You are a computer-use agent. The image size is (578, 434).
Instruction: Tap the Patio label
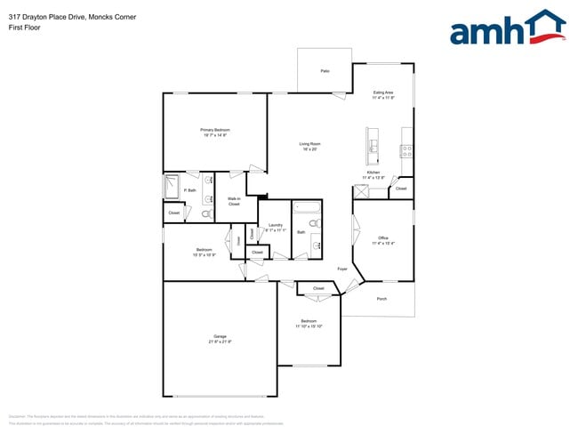pyautogui.click(x=325, y=70)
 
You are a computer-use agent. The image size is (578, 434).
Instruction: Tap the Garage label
pyautogui.click(x=220, y=336)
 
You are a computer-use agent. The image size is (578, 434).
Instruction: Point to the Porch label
pyautogui.click(x=381, y=299)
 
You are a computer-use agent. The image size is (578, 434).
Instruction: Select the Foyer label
pyautogui.click(x=341, y=268)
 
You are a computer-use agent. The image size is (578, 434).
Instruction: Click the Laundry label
pyautogui.click(x=275, y=225)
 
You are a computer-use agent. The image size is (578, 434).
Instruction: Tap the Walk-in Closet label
pyautogui.click(x=234, y=201)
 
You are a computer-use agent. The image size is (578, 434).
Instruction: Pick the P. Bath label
pyautogui.click(x=189, y=190)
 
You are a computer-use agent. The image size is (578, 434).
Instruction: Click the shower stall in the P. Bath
pyautogui.click(x=171, y=187)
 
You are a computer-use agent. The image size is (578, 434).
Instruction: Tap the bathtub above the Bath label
pyautogui.click(x=307, y=210)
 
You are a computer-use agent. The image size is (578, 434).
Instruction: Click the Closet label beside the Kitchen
pyautogui.click(x=401, y=189)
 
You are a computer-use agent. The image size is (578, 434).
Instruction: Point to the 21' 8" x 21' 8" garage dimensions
pyautogui.click(x=220, y=342)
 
